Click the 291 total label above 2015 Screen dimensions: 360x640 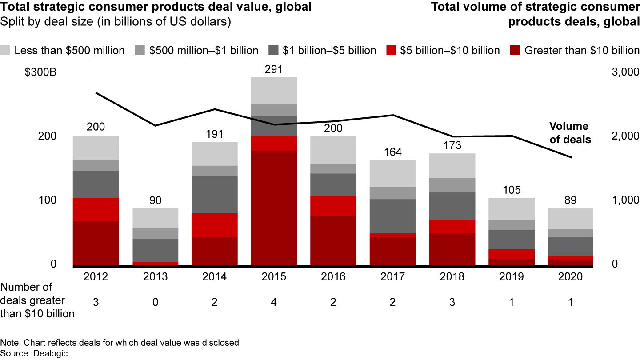tap(274, 70)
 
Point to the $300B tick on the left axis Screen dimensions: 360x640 tap(40, 73)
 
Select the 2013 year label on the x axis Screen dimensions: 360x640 tap(155, 277)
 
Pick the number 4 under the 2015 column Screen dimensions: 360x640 tap(274, 302)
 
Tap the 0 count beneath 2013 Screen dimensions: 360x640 tap(155, 302)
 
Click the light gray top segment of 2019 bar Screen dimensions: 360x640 tap(512, 209)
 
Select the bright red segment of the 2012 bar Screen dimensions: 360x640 tap(96, 209)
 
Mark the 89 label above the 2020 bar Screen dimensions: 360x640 tap(571, 200)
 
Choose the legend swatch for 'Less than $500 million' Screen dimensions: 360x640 tap(6, 50)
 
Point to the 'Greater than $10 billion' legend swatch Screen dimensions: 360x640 tap(516, 50)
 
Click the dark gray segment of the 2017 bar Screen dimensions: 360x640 tap(392, 216)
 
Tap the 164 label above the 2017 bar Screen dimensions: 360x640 tap(392, 152)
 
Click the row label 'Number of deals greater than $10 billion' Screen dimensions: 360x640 tap(37, 300)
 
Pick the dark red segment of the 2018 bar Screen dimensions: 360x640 tap(452, 249)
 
